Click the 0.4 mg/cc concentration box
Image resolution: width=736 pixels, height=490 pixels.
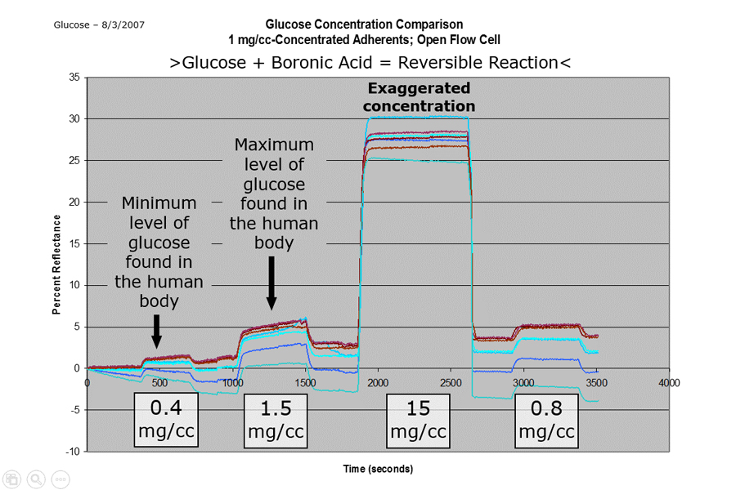click(x=167, y=419)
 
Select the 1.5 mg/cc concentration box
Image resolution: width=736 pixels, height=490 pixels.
click(x=276, y=419)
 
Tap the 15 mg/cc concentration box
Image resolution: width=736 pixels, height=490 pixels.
click(x=418, y=419)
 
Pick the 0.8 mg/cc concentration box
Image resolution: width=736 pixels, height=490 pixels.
click(x=545, y=419)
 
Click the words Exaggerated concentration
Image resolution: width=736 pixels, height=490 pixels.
click(x=419, y=97)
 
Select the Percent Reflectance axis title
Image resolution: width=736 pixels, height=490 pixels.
click(x=57, y=264)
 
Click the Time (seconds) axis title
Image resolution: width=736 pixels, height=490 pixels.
click(x=378, y=469)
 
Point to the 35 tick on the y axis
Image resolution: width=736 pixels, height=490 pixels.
click(x=74, y=78)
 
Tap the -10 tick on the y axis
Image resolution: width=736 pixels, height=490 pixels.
click(x=73, y=452)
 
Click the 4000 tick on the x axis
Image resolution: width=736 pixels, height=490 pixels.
click(x=670, y=381)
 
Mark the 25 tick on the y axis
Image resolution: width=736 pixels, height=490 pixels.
click(x=74, y=161)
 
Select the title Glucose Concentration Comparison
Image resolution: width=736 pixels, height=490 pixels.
click(x=364, y=24)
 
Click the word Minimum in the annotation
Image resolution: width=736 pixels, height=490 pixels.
click(x=159, y=203)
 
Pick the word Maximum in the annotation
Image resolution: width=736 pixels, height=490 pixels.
click(x=274, y=145)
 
